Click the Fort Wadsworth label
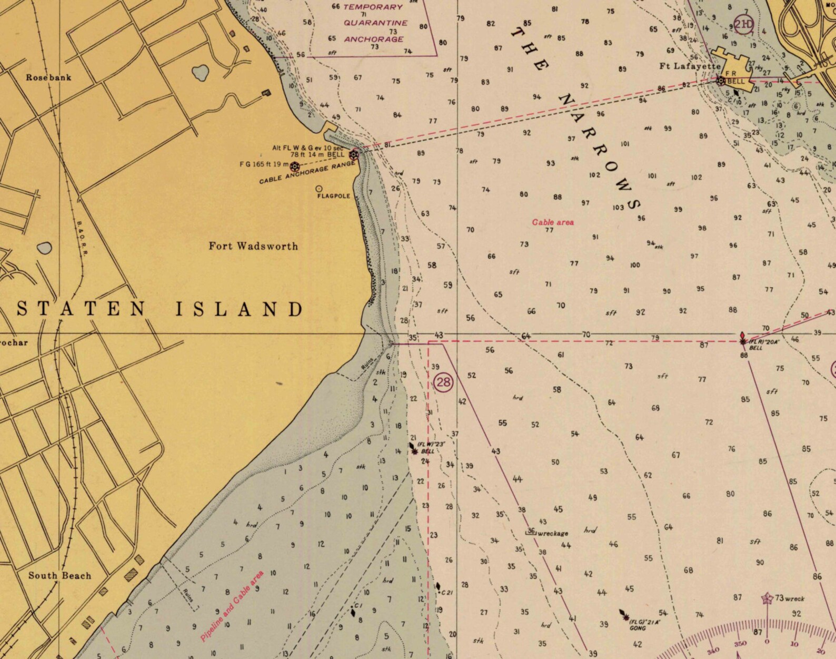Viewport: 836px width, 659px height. (253, 246)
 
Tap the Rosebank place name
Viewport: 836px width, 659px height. (48, 77)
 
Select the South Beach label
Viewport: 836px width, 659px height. (60, 575)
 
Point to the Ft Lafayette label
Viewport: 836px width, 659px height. (690, 66)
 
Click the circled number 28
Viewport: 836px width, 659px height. (443, 382)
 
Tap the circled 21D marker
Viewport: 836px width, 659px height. (743, 24)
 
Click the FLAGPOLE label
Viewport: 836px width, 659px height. (333, 196)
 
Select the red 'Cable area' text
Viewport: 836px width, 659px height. (553, 222)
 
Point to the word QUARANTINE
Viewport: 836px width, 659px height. (375, 23)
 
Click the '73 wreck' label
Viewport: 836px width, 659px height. (789, 598)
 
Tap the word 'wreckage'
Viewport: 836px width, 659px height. (552, 533)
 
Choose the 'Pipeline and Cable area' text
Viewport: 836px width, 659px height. (232, 606)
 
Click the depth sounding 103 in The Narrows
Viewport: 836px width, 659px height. (618, 208)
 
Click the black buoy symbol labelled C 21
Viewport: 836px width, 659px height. (437, 586)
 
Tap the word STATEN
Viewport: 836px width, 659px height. (81, 309)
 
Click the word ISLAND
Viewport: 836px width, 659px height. (240, 309)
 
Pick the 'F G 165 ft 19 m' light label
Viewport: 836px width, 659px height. (264, 164)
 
